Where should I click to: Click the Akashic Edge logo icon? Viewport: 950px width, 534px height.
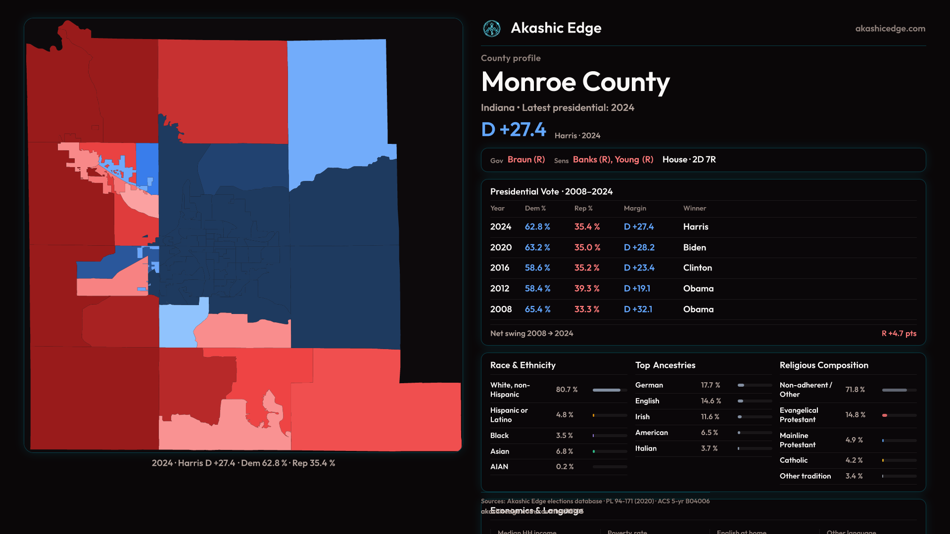point(492,29)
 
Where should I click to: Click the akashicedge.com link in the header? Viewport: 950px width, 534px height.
point(890,29)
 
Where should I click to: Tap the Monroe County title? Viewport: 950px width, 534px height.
point(575,82)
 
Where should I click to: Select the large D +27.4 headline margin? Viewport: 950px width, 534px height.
point(514,130)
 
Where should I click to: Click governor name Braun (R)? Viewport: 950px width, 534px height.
point(526,160)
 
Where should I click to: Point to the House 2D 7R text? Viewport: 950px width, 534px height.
point(689,160)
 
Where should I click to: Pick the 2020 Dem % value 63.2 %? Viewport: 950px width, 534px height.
point(537,247)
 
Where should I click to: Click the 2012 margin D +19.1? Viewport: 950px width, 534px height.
point(638,289)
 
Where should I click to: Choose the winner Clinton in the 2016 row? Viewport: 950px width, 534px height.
point(698,268)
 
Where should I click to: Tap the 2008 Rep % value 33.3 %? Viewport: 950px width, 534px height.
point(587,310)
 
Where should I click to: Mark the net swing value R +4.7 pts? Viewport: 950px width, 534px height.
point(899,334)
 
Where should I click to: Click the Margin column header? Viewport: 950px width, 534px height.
point(635,209)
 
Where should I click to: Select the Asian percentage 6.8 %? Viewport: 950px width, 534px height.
point(564,451)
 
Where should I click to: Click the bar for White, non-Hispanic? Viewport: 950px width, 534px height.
point(610,390)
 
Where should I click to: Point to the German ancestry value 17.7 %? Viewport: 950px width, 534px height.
point(711,385)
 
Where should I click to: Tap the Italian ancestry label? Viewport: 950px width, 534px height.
point(646,448)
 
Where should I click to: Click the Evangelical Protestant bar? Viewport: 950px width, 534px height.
point(899,415)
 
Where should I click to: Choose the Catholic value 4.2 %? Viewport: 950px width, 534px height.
point(854,460)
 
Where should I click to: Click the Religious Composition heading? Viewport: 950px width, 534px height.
point(824,365)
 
